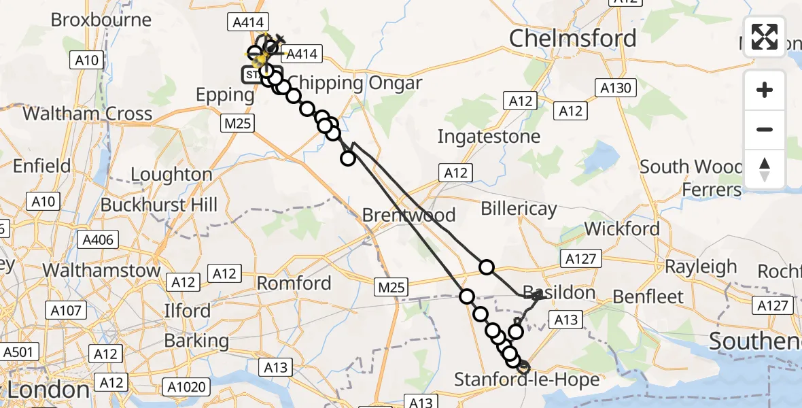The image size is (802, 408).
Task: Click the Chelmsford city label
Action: pyautogui.click(x=572, y=38)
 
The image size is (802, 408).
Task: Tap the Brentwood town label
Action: pyautogui.click(x=408, y=215)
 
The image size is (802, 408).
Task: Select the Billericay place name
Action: pyautogui.click(x=519, y=209)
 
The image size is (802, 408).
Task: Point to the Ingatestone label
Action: pyautogui.click(x=489, y=136)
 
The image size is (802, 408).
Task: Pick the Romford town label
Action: pyautogui.click(x=294, y=283)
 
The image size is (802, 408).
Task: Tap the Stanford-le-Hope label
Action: pyautogui.click(x=527, y=379)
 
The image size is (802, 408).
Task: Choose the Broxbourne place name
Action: pyautogui.click(x=101, y=19)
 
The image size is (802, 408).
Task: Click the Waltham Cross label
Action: pyautogui.click(x=88, y=113)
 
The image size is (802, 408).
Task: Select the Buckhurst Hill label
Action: pyautogui.click(x=159, y=205)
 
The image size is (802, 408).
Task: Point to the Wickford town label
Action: pyautogui.click(x=622, y=228)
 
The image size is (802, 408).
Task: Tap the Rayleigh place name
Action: pyautogui.click(x=701, y=267)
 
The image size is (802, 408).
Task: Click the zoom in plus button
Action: pyautogui.click(x=765, y=90)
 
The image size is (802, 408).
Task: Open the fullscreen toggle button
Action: pyautogui.click(x=765, y=37)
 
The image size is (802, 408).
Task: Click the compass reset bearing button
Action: pyautogui.click(x=765, y=169)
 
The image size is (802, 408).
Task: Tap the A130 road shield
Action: pyautogui.click(x=616, y=87)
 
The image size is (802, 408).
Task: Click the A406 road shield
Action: pyautogui.click(x=99, y=239)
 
